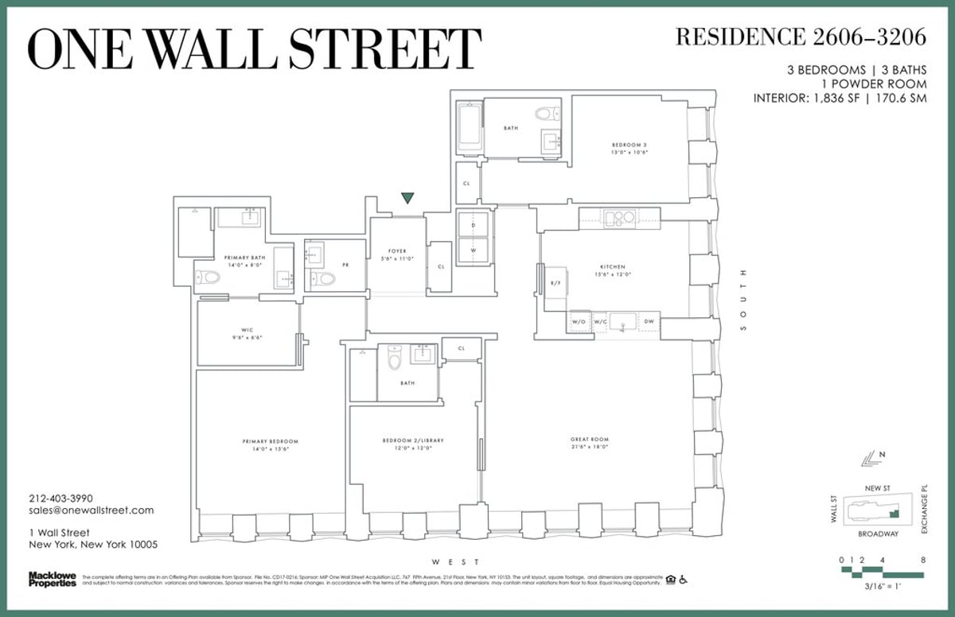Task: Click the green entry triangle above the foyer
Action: (408, 198)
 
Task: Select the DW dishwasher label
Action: (649, 321)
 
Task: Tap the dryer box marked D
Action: (473, 226)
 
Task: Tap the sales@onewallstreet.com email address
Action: (91, 510)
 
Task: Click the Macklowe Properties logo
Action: (52, 579)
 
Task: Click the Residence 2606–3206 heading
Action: (801, 37)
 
